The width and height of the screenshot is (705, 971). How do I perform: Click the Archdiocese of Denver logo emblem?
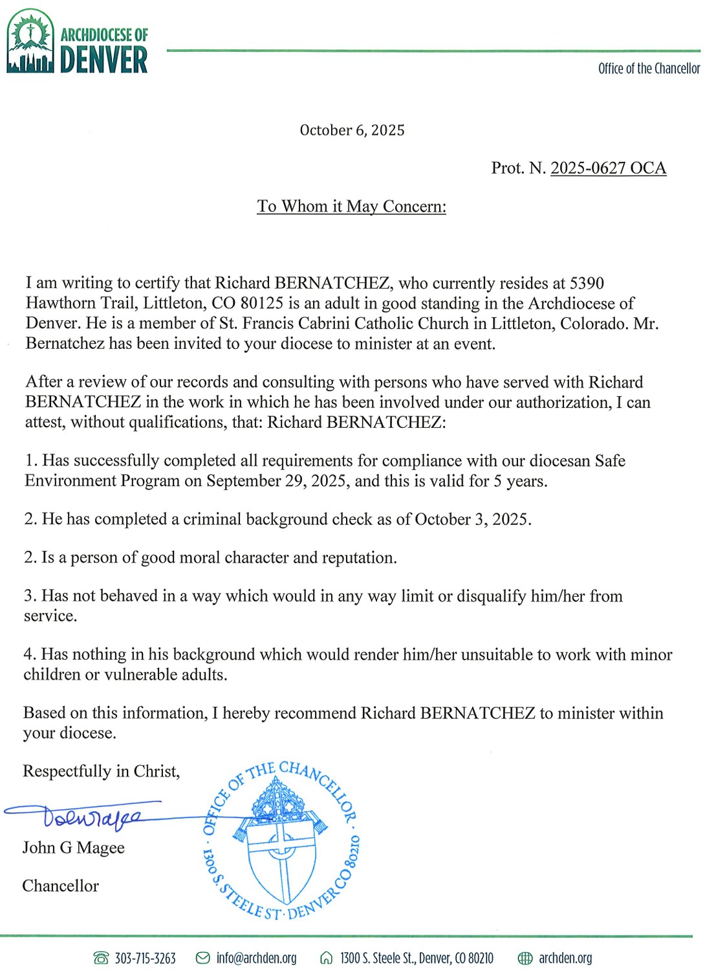click(x=30, y=41)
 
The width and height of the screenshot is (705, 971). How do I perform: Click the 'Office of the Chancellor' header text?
click(x=648, y=69)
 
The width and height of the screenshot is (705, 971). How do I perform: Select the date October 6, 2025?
click(x=352, y=130)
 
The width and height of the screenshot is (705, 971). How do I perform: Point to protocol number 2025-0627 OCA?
click(x=607, y=168)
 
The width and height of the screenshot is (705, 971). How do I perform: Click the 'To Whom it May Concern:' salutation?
click(x=351, y=206)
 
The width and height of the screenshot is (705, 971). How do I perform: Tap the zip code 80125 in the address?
click(x=262, y=304)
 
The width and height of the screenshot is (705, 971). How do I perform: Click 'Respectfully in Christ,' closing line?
click(x=101, y=772)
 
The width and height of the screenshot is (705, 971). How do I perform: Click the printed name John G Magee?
click(x=73, y=848)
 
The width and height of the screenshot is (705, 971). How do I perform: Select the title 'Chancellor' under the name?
click(x=60, y=886)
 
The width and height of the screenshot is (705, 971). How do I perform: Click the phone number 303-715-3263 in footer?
click(x=145, y=958)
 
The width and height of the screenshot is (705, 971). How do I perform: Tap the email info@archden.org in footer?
click(x=256, y=958)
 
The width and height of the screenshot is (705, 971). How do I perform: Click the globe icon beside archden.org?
click(x=525, y=958)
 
